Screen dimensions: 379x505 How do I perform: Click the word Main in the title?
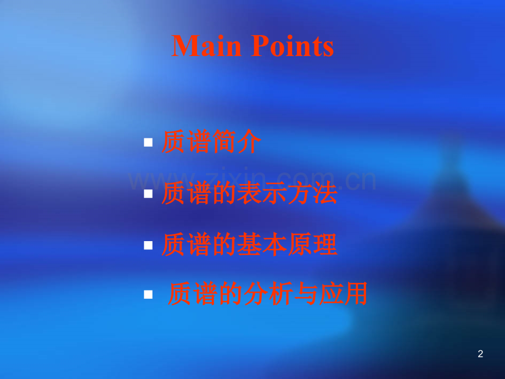pyautogui.click(x=206, y=46)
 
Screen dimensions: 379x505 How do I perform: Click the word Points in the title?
pyautogui.click(x=293, y=46)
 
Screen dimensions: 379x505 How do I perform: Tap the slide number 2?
pyautogui.click(x=481, y=354)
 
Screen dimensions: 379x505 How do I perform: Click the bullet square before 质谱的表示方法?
pyautogui.click(x=148, y=194)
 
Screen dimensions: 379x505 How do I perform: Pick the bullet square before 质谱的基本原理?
pyautogui.click(x=148, y=246)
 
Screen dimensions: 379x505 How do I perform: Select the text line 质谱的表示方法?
pyautogui.click(x=250, y=194)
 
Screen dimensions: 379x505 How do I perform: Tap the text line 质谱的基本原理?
pyautogui.click(x=250, y=246)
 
